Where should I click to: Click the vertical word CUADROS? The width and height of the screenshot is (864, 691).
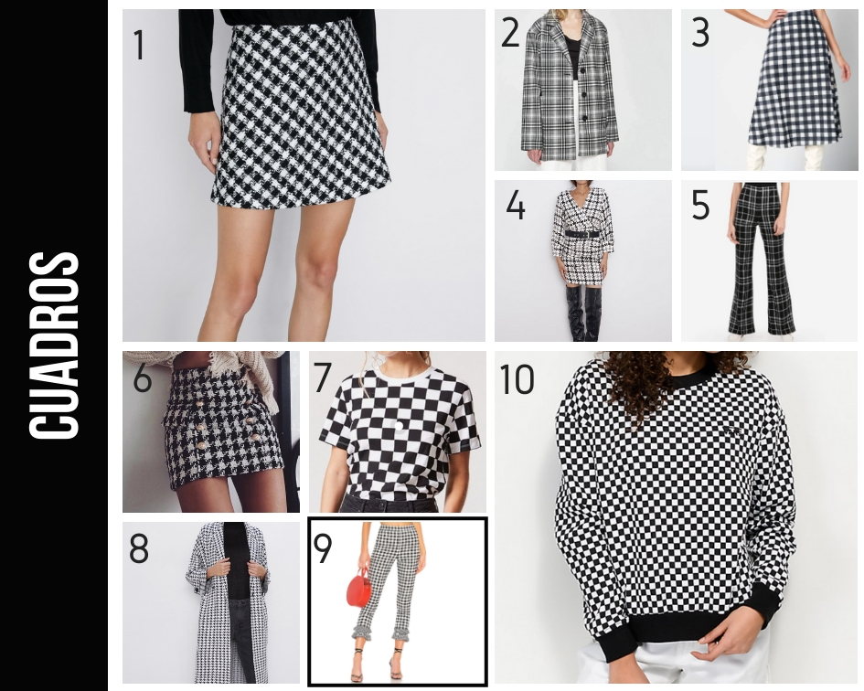(54, 346)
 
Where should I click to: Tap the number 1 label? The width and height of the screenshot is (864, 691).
(139, 45)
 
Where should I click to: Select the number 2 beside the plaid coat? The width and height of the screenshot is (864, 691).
(510, 32)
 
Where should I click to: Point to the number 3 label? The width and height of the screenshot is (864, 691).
(700, 32)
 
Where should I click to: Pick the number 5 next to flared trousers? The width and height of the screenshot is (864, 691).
(700, 205)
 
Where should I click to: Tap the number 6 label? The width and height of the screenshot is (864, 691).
(142, 378)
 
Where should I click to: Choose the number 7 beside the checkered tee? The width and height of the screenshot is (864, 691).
(323, 378)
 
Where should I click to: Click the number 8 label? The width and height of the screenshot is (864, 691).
(139, 548)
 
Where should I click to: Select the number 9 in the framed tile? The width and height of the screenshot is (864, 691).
(323, 548)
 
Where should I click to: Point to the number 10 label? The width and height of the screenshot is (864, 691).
(517, 379)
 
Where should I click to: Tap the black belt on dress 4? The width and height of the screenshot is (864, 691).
(581, 234)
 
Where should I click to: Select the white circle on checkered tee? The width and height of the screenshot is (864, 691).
(398, 425)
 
